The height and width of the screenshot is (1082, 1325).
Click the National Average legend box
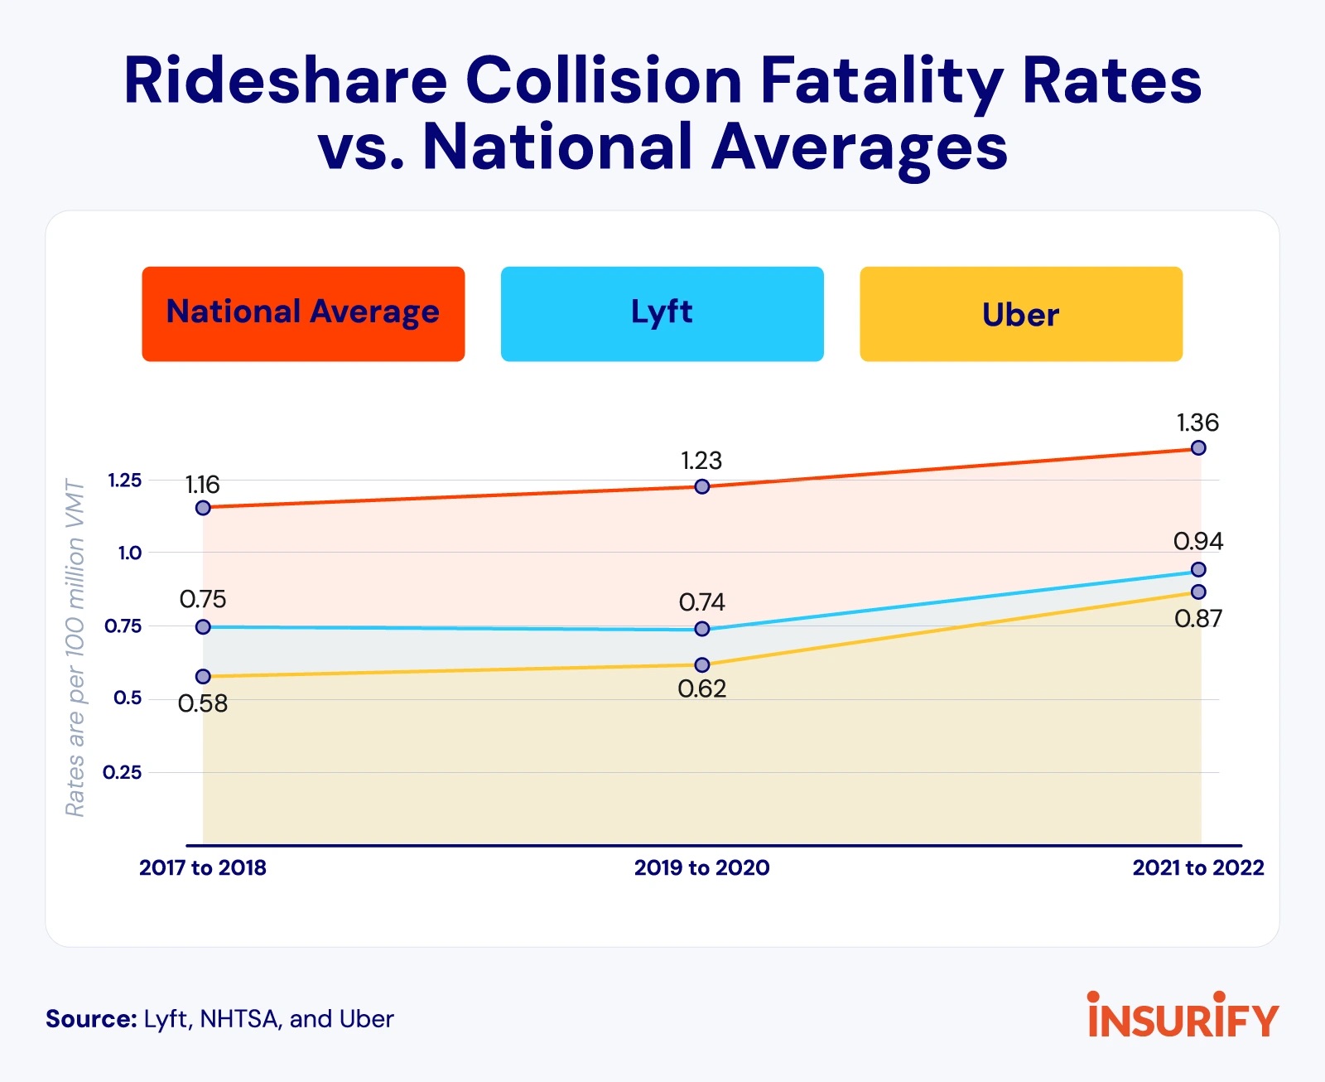click(303, 314)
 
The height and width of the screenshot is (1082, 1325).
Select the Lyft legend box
click(662, 314)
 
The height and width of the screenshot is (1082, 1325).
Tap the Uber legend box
click(1020, 314)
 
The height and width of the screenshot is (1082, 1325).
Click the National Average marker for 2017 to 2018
click(203, 508)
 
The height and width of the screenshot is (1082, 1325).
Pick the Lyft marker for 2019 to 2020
click(702, 629)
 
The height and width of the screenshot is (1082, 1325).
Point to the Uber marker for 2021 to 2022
click(1198, 592)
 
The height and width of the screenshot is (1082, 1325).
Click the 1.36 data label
click(1197, 423)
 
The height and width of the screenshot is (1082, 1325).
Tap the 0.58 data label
click(203, 703)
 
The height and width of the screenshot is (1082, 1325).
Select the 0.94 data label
click(1198, 541)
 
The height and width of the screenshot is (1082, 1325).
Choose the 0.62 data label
click(702, 688)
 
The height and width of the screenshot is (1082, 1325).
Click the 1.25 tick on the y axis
click(125, 481)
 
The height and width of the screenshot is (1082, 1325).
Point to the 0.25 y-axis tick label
click(123, 772)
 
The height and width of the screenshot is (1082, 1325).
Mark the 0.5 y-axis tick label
click(128, 698)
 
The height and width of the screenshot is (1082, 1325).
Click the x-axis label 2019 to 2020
click(702, 867)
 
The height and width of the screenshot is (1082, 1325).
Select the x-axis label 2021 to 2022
click(1198, 867)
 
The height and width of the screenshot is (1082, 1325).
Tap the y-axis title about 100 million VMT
click(75, 648)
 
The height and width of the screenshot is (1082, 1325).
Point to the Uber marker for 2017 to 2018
click(203, 677)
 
